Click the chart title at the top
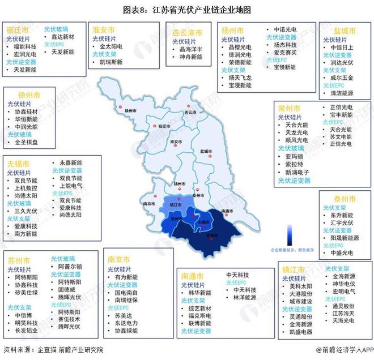(186, 10)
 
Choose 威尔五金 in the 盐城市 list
(344, 78)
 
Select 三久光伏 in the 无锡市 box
(24, 210)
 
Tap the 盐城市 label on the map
(206, 151)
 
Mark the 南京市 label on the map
(150, 204)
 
